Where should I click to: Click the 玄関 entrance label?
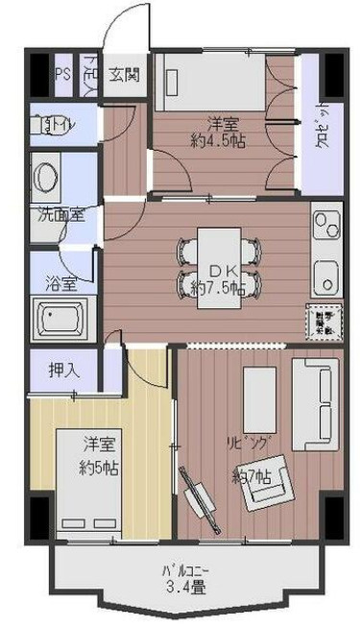pyautogui.click(x=124, y=74)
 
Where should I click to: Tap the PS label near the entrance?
pyautogui.click(x=62, y=74)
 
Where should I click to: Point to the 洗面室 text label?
pyautogui.click(x=60, y=213)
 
